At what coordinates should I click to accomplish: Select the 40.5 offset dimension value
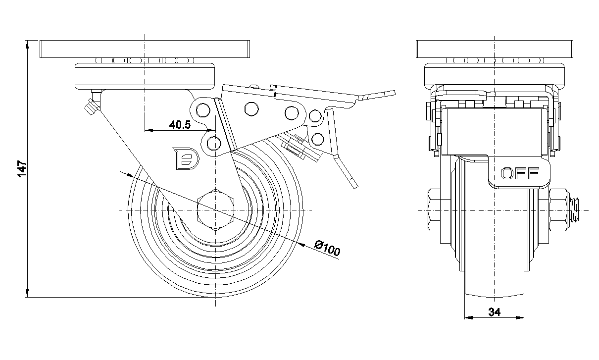pyautogui.click(x=180, y=125)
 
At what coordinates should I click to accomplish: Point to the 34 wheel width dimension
pyautogui.click(x=494, y=312)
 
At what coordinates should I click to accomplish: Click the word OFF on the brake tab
pyautogui.click(x=519, y=173)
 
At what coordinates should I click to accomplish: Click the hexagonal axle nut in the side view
pyautogui.click(x=215, y=211)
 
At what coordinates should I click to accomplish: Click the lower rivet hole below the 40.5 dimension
pyautogui.click(x=214, y=144)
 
